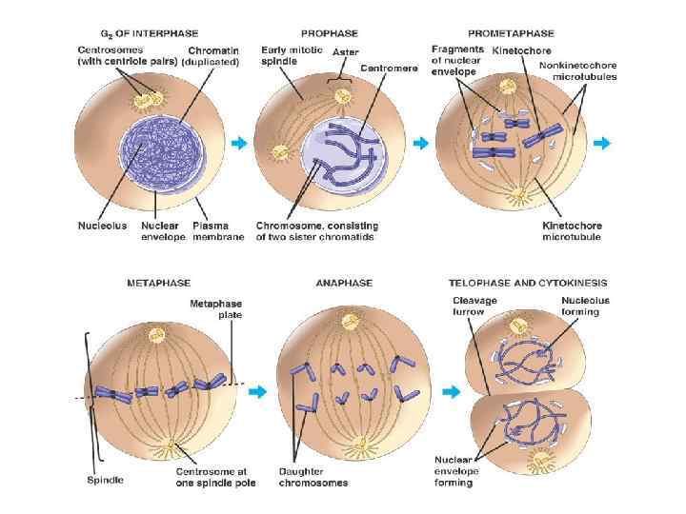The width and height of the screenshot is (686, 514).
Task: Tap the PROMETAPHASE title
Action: [x=511, y=32]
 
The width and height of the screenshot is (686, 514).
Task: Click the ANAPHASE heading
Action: [x=343, y=283]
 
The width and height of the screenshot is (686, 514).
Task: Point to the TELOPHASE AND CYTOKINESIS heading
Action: [x=528, y=283]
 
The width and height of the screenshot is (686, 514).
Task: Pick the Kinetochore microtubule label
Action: [x=572, y=231]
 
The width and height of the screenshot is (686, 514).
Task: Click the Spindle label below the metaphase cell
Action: [x=105, y=481]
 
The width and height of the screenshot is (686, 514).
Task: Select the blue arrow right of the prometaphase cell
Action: [x=603, y=143]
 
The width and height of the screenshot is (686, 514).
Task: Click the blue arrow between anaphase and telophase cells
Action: [x=454, y=391]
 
